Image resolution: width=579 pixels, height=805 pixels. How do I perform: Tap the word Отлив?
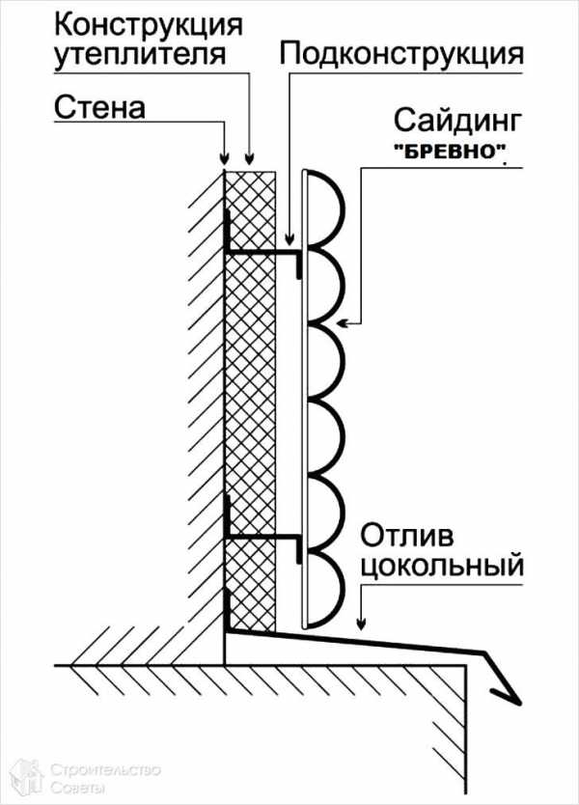[x=405, y=535]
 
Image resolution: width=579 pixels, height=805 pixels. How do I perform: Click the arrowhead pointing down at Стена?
[x=225, y=158]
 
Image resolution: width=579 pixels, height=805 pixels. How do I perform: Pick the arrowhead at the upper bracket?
[x=291, y=236]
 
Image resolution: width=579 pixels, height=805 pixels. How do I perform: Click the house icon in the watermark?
[x=27, y=775]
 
